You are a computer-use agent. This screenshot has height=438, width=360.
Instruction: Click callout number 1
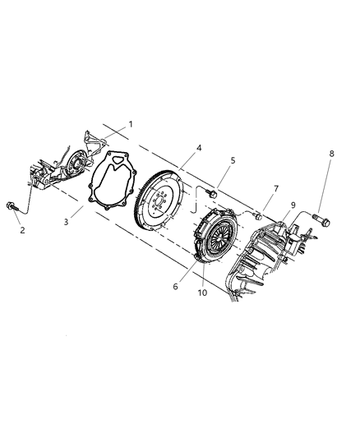(x=130, y=124)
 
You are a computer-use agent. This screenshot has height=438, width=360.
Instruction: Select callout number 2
(x=22, y=230)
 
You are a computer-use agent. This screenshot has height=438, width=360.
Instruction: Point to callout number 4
(x=198, y=148)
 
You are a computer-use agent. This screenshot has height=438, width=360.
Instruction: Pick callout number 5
(x=233, y=161)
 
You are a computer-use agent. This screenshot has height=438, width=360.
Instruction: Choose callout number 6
(x=175, y=286)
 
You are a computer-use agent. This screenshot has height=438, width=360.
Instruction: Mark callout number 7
(x=276, y=189)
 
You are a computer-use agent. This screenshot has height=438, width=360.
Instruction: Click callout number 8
(x=331, y=154)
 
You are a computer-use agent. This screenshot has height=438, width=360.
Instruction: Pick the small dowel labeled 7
(x=258, y=215)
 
